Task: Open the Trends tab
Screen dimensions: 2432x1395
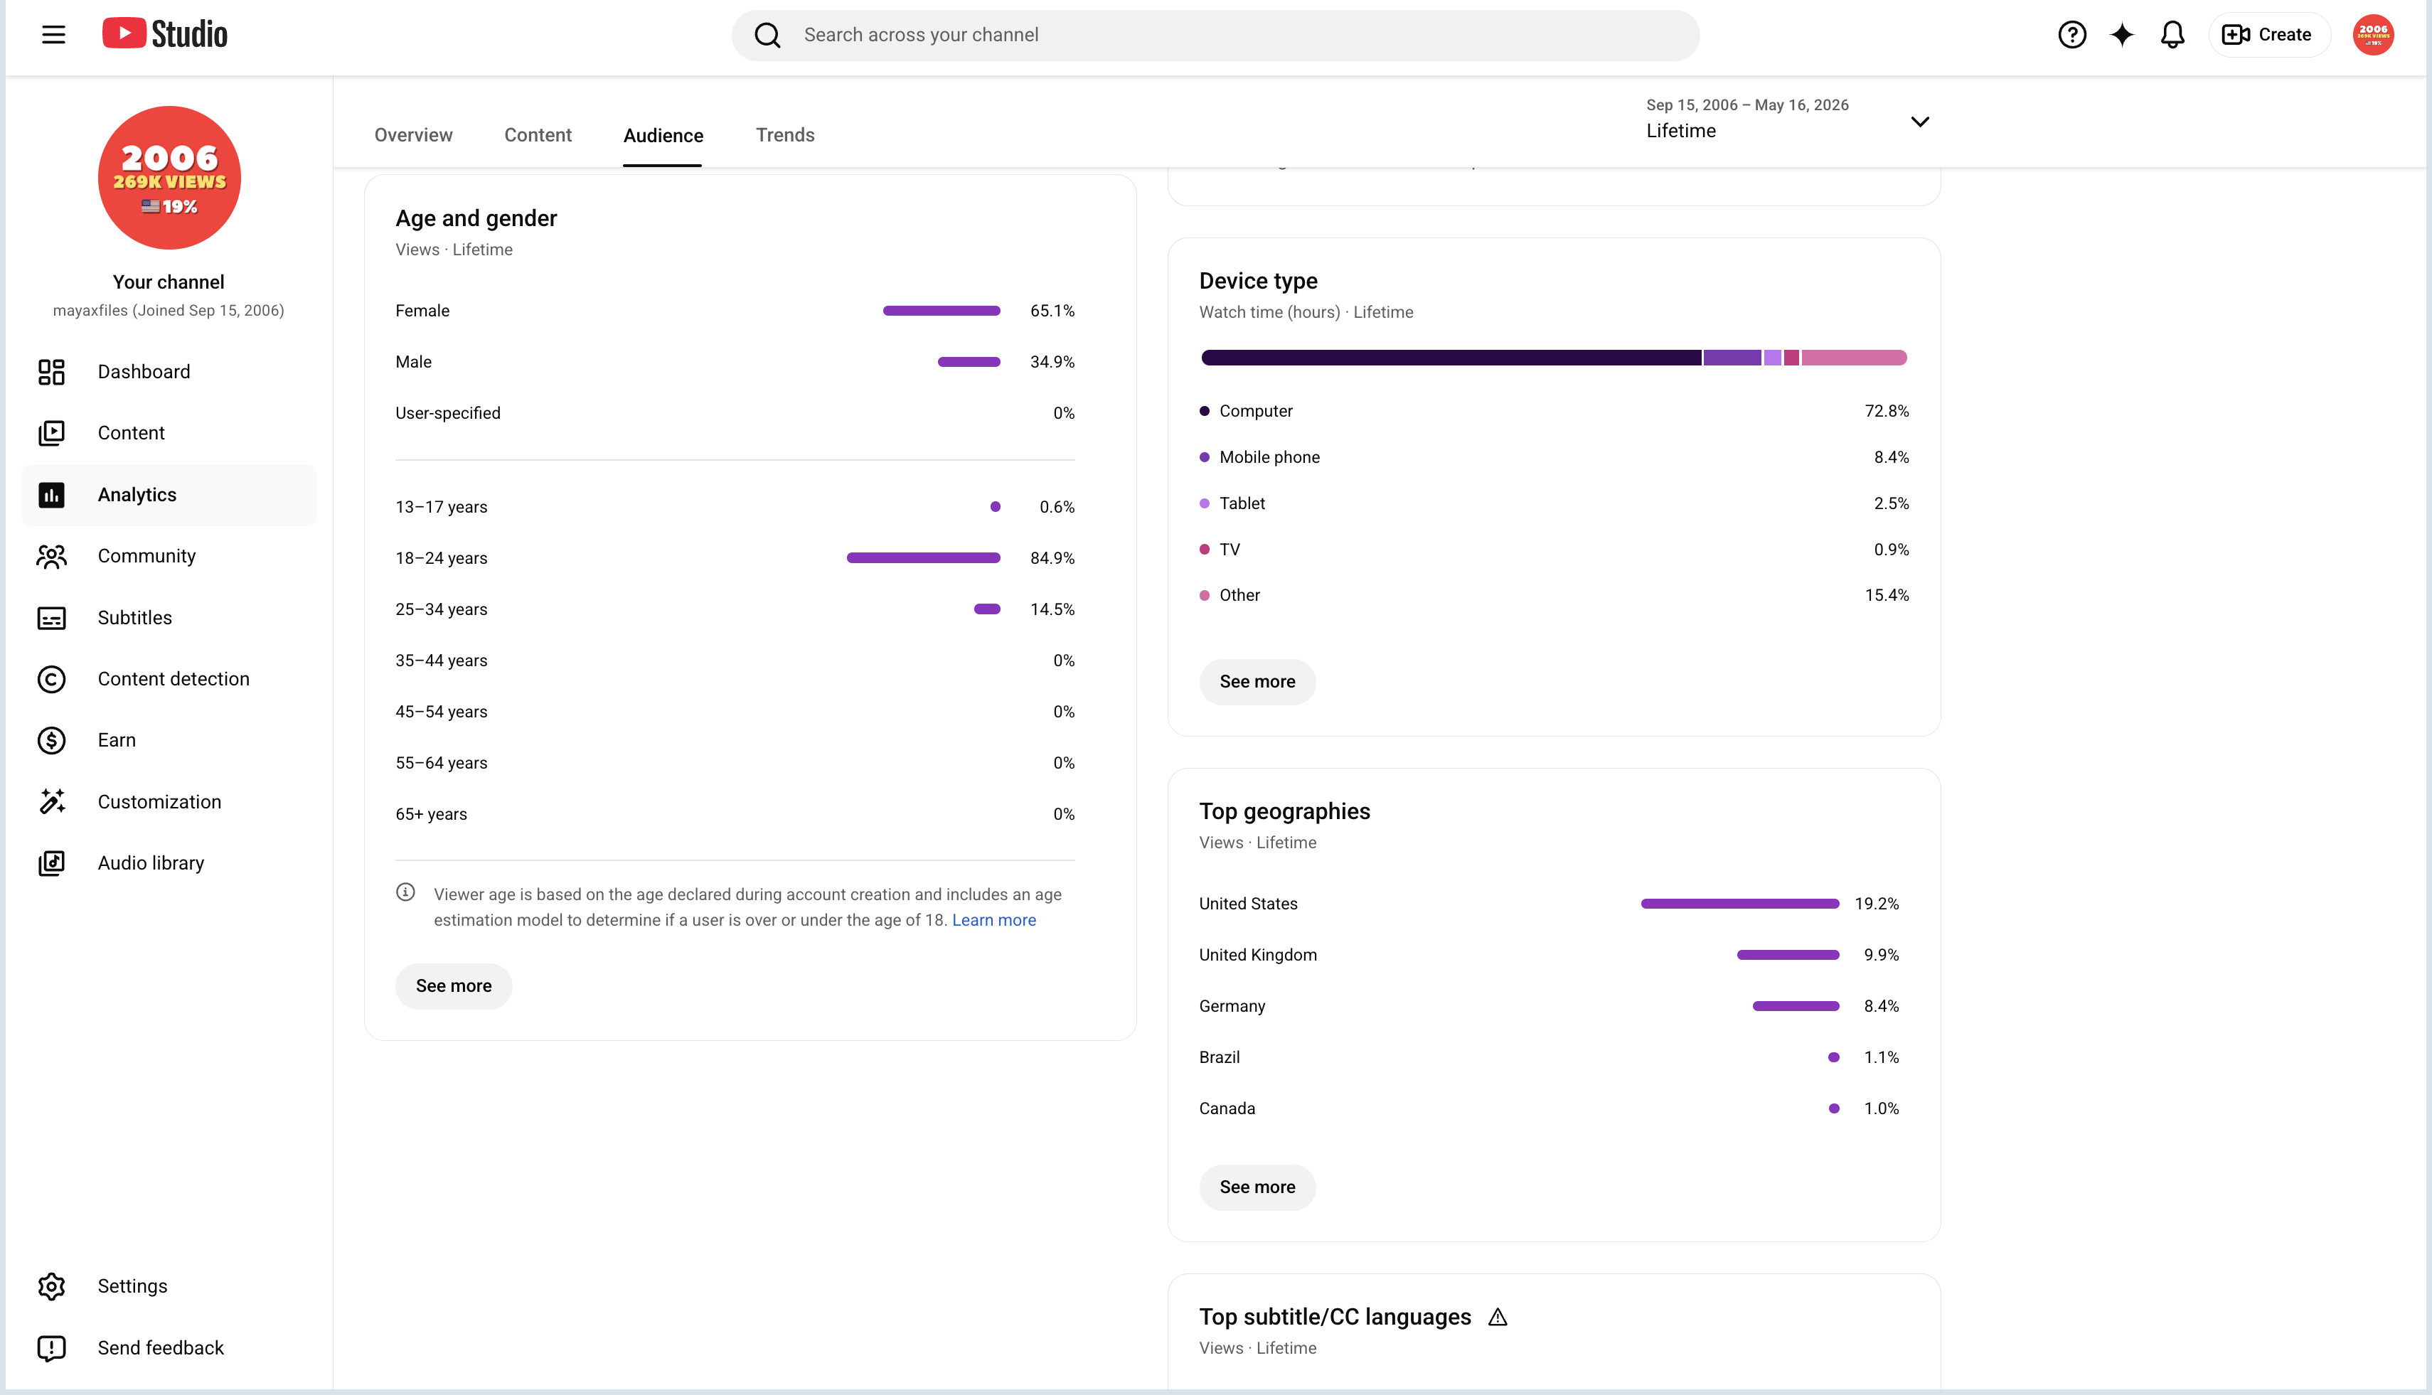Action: click(x=785, y=135)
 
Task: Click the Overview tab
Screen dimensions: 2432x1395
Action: click(x=413, y=135)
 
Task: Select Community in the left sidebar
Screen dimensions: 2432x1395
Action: click(x=146, y=556)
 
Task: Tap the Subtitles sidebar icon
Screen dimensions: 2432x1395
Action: click(x=52, y=618)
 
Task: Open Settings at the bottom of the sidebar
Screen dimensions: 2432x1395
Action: click(x=132, y=1286)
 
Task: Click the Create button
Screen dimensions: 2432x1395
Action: click(x=2268, y=35)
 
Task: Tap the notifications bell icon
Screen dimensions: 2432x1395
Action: click(x=2172, y=35)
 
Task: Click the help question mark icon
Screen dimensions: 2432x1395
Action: click(x=2071, y=35)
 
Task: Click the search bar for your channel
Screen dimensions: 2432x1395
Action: click(x=1215, y=36)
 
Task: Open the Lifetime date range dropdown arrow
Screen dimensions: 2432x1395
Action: click(x=1919, y=122)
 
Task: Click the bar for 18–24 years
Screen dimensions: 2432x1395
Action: click(x=923, y=557)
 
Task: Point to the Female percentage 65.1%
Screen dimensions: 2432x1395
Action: click(x=1052, y=311)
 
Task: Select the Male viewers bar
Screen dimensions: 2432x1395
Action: click(x=969, y=362)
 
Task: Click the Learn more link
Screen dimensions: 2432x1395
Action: click(x=993, y=920)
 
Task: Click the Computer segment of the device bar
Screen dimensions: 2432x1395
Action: click(x=1451, y=358)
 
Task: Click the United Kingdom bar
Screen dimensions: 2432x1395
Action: click(x=1788, y=955)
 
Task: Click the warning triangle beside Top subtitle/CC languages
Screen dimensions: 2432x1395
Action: click(x=1498, y=1317)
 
